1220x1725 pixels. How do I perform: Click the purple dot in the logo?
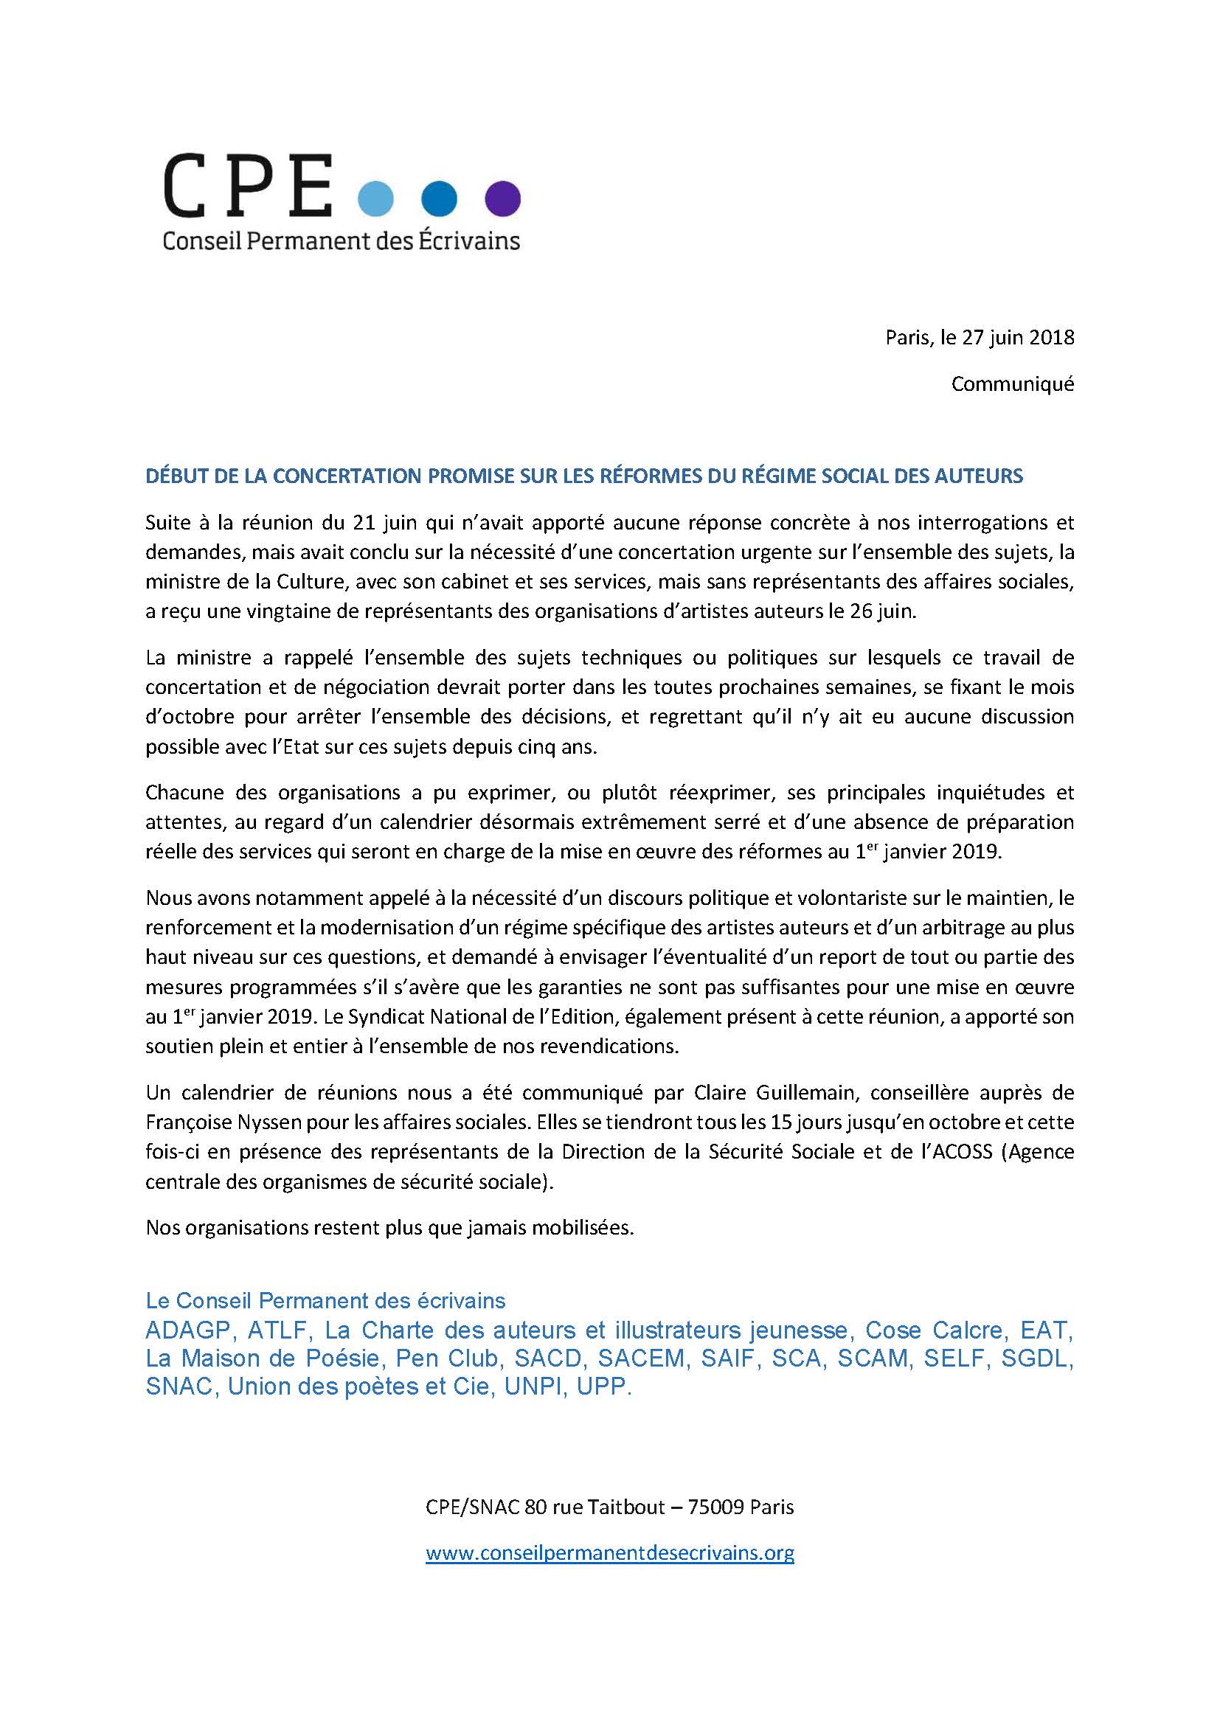tap(502, 198)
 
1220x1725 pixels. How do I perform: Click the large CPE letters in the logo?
tap(249, 184)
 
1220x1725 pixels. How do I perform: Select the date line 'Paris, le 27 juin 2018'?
tap(979, 338)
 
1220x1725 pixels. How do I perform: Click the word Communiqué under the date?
tap(1013, 384)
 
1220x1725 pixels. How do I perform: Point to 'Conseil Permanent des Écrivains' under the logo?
tap(342, 240)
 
